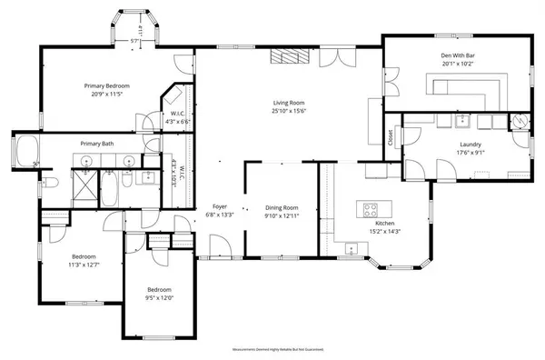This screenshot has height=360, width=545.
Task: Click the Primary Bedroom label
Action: coord(103,85)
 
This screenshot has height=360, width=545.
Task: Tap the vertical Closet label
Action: coord(391,138)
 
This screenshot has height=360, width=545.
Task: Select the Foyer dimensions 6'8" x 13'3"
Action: coord(221,215)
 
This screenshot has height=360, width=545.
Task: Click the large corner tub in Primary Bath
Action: coord(25,151)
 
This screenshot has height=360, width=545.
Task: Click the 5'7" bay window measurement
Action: coord(134,42)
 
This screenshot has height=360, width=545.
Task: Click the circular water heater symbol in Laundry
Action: coord(520,122)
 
